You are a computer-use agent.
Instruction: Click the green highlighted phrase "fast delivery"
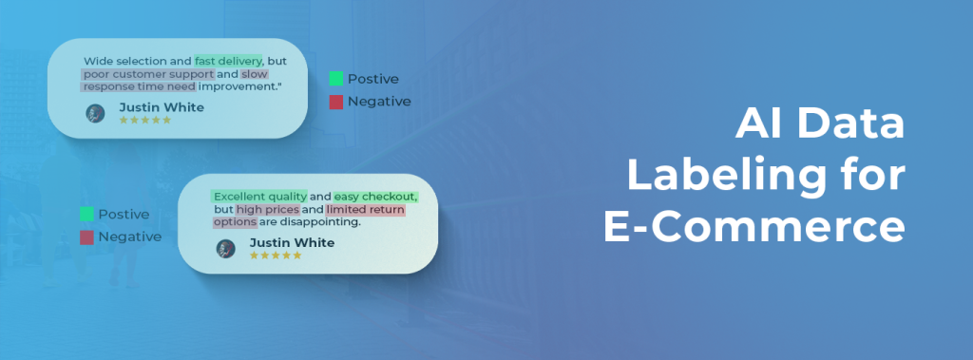pos(228,61)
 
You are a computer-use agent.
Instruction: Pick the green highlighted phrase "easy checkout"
pos(375,197)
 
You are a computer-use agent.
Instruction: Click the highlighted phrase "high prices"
pos(268,209)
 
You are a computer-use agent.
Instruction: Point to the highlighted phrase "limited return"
pos(365,209)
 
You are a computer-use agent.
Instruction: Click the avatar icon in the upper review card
pos(95,113)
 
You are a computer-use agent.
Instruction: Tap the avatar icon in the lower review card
pos(226,249)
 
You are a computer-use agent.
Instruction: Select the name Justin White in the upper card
pos(161,107)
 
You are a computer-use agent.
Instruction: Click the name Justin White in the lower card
pos(292,243)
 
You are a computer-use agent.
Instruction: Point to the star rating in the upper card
pos(144,121)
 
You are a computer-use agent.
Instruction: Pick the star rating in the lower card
pos(276,256)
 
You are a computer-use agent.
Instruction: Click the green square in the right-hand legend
pos(336,79)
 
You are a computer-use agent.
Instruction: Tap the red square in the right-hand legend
pos(336,102)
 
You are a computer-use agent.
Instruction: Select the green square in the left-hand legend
pos(86,215)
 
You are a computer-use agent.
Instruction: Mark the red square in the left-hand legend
pos(86,237)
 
